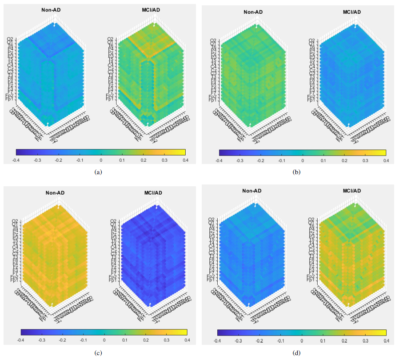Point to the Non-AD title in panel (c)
56,192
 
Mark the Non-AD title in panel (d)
252,191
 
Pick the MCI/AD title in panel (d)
351,191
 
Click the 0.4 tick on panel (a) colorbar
184,160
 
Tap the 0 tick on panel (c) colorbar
104,340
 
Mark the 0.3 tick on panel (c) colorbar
166,340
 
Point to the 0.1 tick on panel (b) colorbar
323,160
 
